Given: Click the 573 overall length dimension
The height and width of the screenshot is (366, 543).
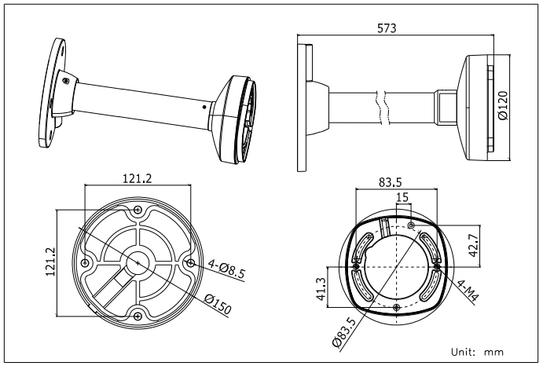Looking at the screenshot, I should (x=386, y=27).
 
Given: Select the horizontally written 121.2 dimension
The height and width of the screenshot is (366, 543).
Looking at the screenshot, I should (x=138, y=178).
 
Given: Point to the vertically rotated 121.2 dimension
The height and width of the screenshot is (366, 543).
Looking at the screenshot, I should (x=50, y=262).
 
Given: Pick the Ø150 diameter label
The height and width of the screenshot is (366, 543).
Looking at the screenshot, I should (x=217, y=304).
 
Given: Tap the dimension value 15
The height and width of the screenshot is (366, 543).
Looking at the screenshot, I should (x=402, y=198).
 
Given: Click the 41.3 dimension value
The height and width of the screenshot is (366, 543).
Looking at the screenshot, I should (x=321, y=288).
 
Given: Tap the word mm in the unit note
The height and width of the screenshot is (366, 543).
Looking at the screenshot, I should (x=493, y=352).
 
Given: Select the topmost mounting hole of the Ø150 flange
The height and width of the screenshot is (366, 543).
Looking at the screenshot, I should (x=138, y=210).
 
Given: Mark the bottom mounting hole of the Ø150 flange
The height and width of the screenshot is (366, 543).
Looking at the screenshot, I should (x=138, y=316).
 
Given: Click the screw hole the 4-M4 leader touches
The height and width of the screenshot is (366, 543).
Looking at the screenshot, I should (x=436, y=265).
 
